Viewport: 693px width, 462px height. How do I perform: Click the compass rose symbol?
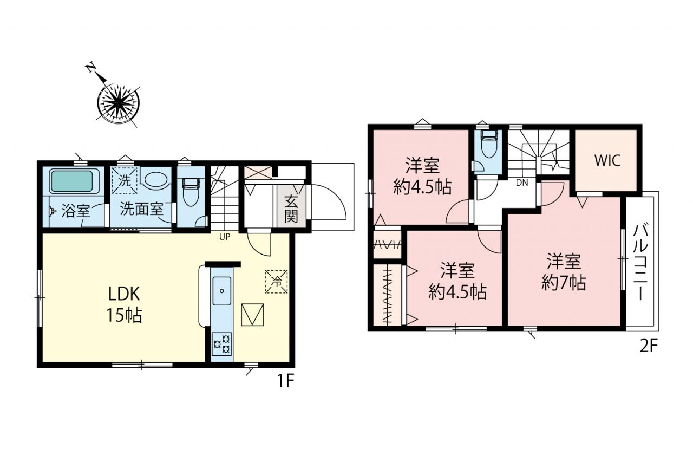coord(118,102)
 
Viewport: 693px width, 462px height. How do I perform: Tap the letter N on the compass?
coord(90,68)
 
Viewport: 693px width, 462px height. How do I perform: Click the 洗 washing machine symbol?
coord(125,181)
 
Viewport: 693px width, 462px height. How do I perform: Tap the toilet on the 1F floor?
coord(191,192)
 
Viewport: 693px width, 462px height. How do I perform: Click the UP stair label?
coord(225,237)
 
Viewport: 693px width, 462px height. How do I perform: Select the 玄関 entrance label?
coord(291,209)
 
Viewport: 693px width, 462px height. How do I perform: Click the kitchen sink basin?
coord(222,291)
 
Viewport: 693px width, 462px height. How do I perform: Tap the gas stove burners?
coord(221,343)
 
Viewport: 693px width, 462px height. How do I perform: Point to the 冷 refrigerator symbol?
coord(277,282)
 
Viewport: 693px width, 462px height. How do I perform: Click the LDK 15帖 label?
coord(124,304)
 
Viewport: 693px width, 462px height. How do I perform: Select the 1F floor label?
coord(285,381)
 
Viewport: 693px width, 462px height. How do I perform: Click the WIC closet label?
coord(607,160)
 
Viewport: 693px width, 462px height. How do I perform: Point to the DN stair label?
coord(522,183)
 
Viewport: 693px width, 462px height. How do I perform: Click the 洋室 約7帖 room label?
coord(564,272)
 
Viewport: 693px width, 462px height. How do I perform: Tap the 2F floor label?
coord(648,346)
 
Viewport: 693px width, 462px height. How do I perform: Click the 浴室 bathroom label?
coord(76,211)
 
